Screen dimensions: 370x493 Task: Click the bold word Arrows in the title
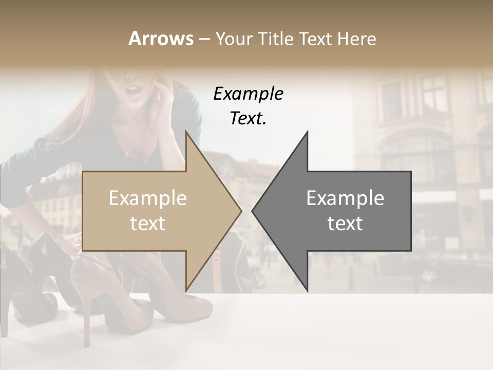[161, 39]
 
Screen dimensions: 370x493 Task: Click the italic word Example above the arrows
[248, 94]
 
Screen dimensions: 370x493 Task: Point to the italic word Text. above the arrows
[248, 119]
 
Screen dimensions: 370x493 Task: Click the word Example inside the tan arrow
[148, 198]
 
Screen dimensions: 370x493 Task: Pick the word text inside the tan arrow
[148, 224]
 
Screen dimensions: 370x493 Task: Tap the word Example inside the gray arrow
[345, 198]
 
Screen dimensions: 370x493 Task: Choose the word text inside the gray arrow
[345, 224]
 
